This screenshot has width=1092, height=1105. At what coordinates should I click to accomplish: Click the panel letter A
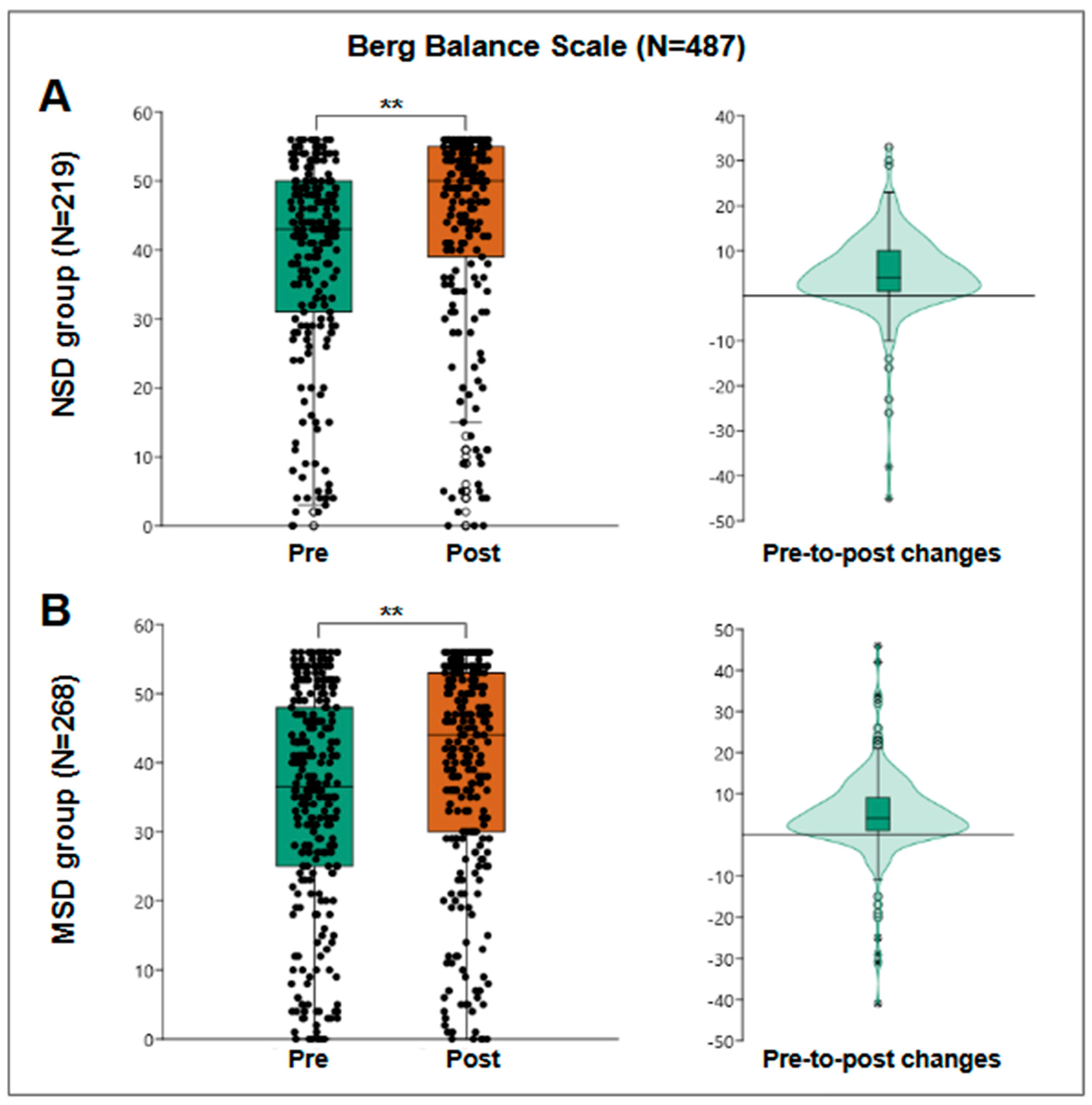(x=55, y=97)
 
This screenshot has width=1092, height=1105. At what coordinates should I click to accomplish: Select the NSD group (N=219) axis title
(x=64, y=284)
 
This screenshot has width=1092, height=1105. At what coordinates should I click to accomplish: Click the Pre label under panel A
(x=308, y=553)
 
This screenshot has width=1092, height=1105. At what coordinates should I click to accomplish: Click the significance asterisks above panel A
(x=392, y=105)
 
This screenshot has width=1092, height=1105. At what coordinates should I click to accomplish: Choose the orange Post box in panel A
(x=466, y=201)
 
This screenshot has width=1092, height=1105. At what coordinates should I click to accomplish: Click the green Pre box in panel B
(x=314, y=787)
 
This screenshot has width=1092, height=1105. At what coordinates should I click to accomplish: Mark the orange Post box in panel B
(x=466, y=752)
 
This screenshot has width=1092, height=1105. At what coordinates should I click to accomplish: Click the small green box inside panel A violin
(x=889, y=270)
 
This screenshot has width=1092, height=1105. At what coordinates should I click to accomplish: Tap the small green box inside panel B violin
(x=877, y=813)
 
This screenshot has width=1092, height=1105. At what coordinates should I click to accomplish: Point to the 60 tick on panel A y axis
(x=145, y=113)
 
